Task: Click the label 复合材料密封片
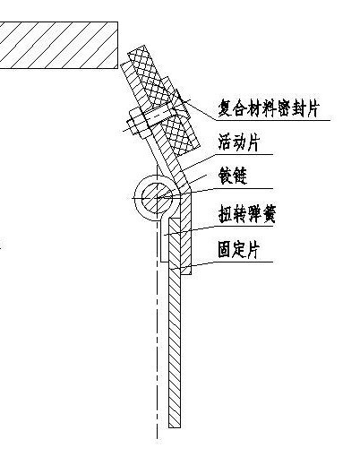point(269,108)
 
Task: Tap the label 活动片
point(238,142)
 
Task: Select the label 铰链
point(233,176)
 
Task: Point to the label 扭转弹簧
point(246,214)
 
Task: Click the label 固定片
point(238,250)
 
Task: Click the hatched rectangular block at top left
point(59,45)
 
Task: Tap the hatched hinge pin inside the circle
point(157,198)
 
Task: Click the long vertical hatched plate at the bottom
point(175,323)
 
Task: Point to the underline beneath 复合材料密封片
point(273,120)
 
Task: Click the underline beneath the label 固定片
point(243,262)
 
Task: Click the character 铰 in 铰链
point(226,176)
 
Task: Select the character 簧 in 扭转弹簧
point(268,214)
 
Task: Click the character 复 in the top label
point(225,108)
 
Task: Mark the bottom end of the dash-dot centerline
point(158,439)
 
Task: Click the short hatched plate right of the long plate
point(186,234)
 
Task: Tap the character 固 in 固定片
point(225,250)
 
